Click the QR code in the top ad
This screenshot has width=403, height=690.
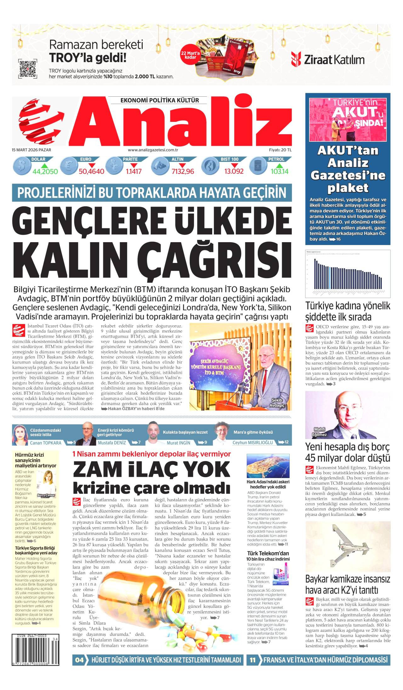pos(28,68)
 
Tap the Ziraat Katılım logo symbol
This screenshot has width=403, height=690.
pos(296,59)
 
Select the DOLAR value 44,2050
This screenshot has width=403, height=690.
pos(45,171)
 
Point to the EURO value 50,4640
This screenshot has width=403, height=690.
pos(91,171)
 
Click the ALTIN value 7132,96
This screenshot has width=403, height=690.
pos(183,171)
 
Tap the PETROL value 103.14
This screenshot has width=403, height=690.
pos(279,171)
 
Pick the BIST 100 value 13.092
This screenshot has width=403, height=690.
pos(234,171)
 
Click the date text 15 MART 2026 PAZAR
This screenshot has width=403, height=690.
pos(31,150)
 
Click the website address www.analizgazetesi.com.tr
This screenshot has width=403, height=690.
pos(153,150)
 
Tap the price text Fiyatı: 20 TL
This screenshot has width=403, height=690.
pos(280,150)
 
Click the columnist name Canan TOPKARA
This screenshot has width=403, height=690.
pos(46,443)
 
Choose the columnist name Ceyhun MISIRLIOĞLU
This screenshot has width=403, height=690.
pos(253,442)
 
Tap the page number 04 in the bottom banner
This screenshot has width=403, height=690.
pos(80,660)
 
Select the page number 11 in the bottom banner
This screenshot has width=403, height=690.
pos(253,660)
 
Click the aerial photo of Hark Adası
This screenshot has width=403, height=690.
pos(268,466)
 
